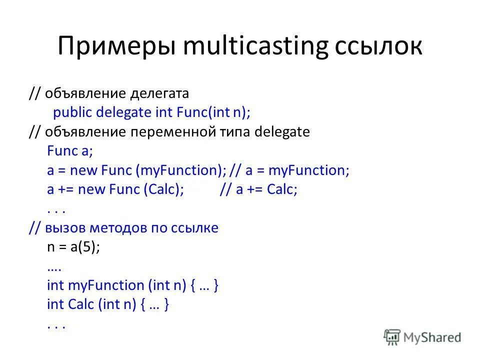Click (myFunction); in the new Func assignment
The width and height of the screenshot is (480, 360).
(180, 170)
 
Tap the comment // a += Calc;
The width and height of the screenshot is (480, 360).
(258, 190)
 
